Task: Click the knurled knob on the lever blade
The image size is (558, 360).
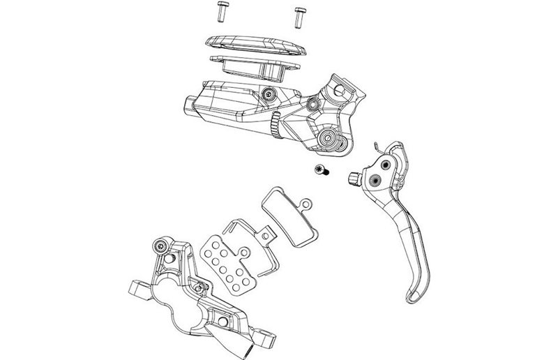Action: [x=355, y=179]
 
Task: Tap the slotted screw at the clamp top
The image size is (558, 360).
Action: [x=341, y=89]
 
